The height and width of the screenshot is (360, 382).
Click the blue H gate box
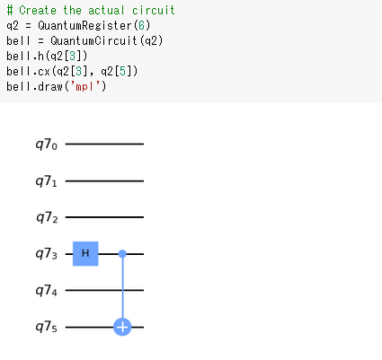[x=85, y=254]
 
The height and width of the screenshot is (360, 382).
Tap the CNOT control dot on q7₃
[x=122, y=254]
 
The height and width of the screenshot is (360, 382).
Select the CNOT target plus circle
[x=122, y=327]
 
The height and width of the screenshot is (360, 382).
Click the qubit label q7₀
[x=47, y=145]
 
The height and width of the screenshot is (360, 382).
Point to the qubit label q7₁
[x=47, y=181]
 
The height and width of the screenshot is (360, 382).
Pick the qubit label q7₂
[x=47, y=218]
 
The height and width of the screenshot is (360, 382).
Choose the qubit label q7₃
[x=47, y=254]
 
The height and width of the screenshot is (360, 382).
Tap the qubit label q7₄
[x=47, y=291]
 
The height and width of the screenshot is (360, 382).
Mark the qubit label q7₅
[x=47, y=328]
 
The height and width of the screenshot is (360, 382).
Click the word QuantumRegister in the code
[x=84, y=26]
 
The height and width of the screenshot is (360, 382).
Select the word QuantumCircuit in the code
[x=94, y=40]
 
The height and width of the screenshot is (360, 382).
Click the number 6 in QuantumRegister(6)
[x=141, y=25]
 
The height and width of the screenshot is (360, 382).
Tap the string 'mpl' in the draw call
[x=84, y=86]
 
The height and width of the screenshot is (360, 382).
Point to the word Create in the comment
[x=38, y=10]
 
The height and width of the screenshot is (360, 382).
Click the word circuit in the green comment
[x=154, y=10]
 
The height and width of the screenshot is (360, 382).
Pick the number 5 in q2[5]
[x=122, y=71]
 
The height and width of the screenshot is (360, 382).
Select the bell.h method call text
[x=25, y=56]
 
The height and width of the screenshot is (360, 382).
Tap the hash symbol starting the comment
[x=10, y=10]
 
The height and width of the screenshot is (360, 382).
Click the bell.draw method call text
[x=35, y=86]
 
